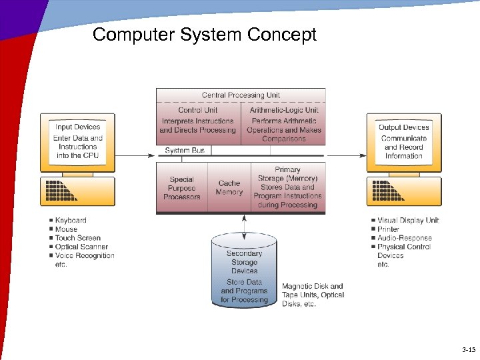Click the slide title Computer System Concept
point(205,35)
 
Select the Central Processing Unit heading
point(241,95)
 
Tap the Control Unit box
point(197,121)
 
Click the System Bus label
point(185,151)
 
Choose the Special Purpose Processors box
point(181,188)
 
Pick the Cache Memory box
point(229,187)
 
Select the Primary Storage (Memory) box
point(287,187)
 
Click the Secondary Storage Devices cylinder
point(244,273)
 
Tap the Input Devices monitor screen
point(77,141)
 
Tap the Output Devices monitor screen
point(403,141)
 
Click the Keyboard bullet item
point(71,221)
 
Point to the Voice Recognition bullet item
point(85,255)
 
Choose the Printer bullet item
point(388,229)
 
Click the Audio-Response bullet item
point(404,238)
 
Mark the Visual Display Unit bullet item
point(408,221)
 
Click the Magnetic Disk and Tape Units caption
point(312,295)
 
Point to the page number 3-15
point(468,350)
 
